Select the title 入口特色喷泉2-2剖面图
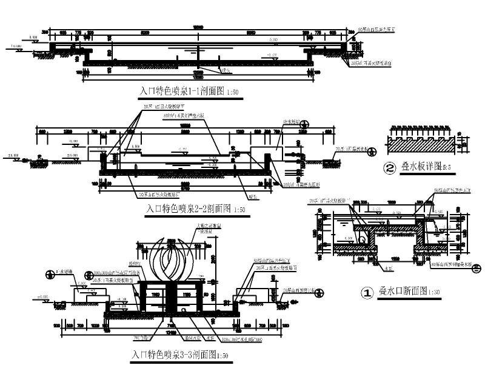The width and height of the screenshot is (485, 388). (189, 209)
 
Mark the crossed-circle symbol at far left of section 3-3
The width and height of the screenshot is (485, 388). (48, 275)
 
